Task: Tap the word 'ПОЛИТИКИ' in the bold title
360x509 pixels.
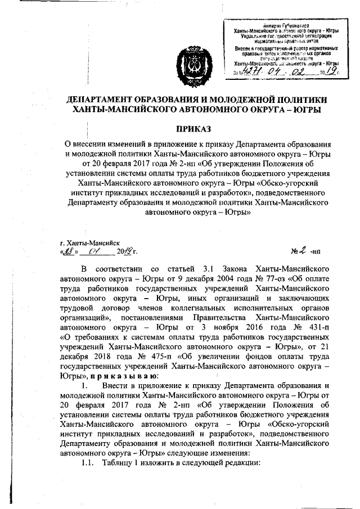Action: [x=295, y=100]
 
